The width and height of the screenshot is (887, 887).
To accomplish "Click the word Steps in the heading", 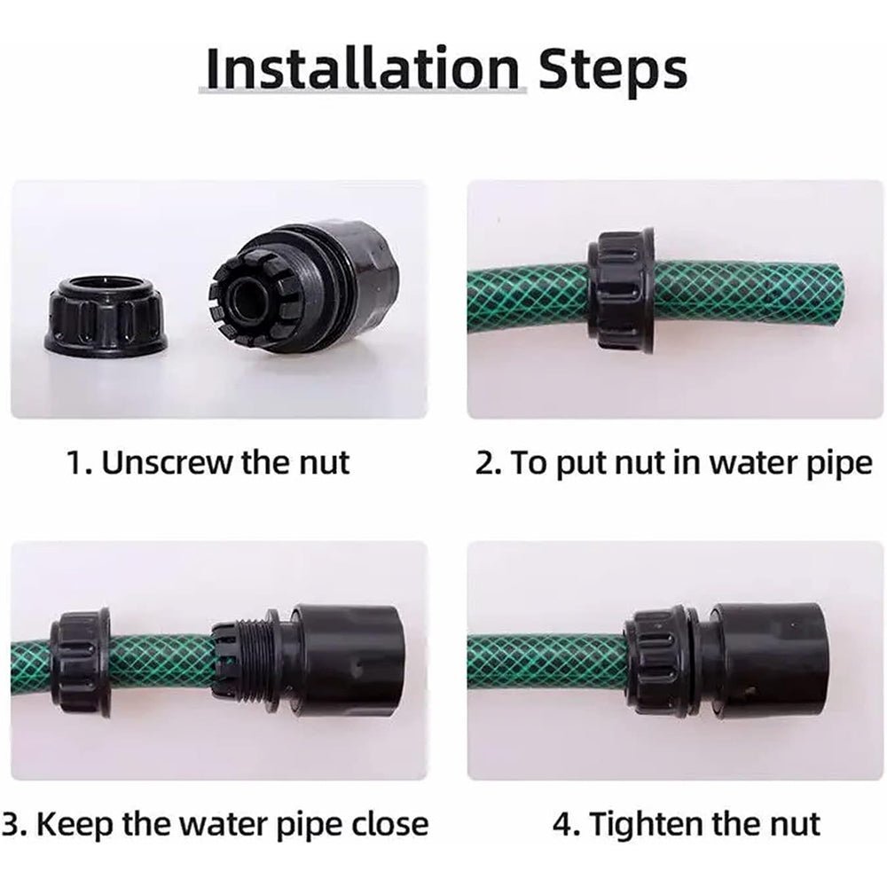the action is [612, 71].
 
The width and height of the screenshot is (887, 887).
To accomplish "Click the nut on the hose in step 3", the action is [79, 663].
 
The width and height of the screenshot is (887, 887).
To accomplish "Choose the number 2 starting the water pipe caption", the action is [484, 463].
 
